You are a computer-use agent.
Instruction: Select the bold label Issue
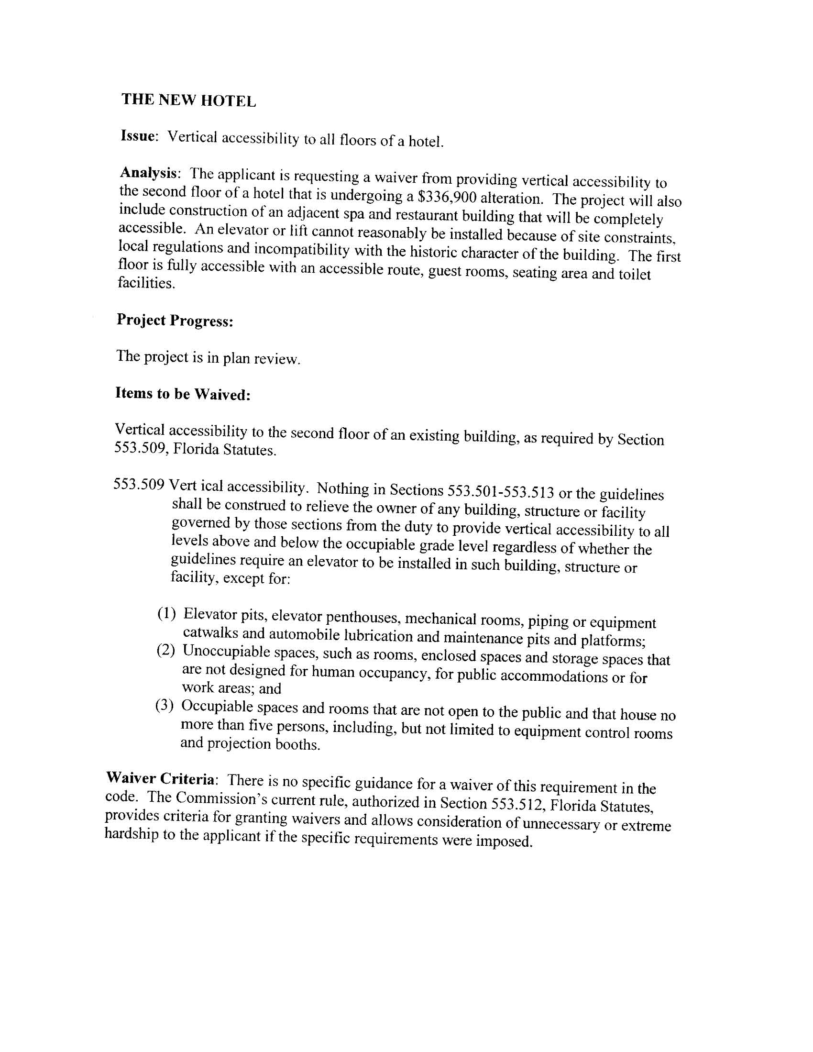coord(138,136)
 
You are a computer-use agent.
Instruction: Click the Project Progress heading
coord(175,321)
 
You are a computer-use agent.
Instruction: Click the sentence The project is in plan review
coord(208,357)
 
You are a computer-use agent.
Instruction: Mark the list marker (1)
coord(167,614)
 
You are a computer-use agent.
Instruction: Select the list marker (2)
coord(166,651)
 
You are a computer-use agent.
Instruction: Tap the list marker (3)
coord(164,706)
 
